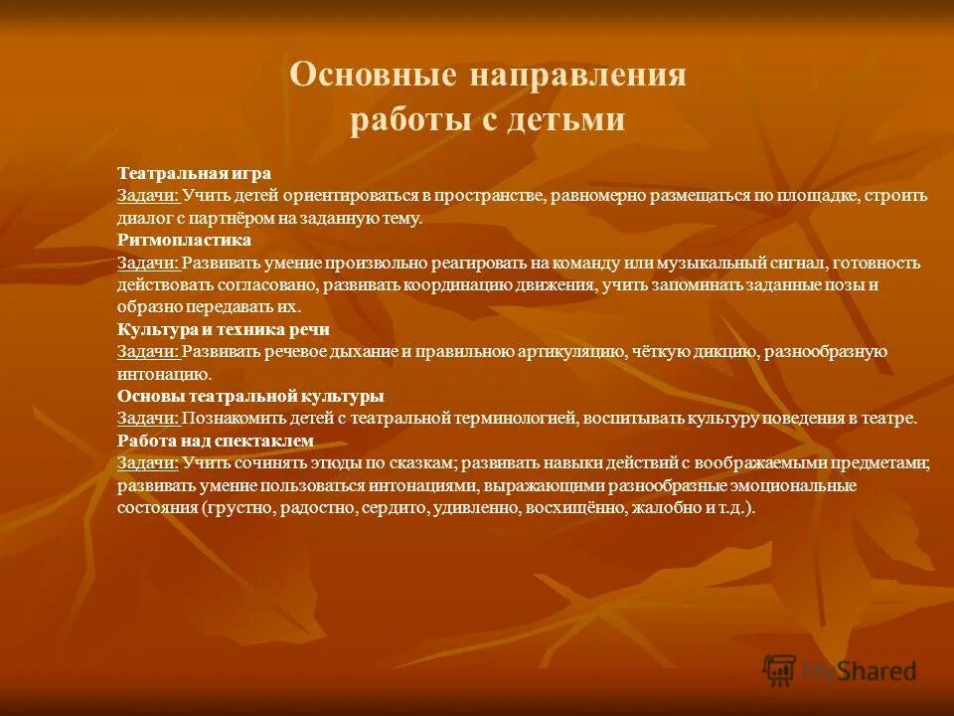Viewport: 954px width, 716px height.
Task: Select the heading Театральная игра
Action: click(194, 173)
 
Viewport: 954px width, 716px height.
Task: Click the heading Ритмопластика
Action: click(184, 241)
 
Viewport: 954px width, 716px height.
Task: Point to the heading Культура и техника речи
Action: click(224, 329)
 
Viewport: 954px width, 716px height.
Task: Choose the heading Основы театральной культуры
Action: click(250, 396)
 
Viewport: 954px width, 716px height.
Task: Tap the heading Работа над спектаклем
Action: click(216, 441)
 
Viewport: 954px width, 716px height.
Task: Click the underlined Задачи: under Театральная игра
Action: click(148, 196)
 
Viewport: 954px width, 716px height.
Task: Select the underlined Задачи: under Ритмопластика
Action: click(148, 263)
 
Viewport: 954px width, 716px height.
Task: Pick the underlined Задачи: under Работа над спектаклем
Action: click(148, 462)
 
